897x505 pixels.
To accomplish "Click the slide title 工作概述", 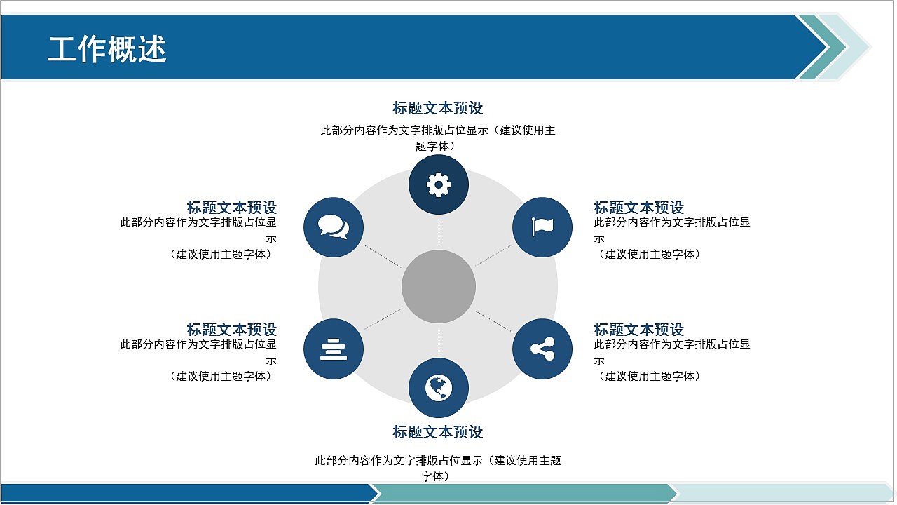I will (x=107, y=50).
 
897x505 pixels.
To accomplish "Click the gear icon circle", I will (x=439, y=185).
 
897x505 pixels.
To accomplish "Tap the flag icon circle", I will (x=542, y=227).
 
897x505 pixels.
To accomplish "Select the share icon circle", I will (x=542, y=349).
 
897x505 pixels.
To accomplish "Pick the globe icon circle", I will (x=439, y=388).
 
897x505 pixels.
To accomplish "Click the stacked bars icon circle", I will (x=334, y=349).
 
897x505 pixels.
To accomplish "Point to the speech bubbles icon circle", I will (x=334, y=227).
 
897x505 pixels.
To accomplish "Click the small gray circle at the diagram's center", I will (x=439, y=287).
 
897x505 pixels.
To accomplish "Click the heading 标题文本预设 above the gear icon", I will (x=438, y=108).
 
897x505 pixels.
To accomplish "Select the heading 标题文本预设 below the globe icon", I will (x=438, y=432).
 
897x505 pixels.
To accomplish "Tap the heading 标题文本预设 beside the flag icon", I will (x=639, y=208).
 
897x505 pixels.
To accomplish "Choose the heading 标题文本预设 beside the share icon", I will (x=639, y=330).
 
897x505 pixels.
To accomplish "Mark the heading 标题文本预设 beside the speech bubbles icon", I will (x=232, y=208).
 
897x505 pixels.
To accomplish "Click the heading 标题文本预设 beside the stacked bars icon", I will (x=232, y=330).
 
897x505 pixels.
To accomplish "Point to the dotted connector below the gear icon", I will (x=439, y=231).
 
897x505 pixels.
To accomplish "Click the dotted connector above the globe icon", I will (x=439, y=342).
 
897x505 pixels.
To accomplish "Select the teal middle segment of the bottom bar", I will (x=522, y=494).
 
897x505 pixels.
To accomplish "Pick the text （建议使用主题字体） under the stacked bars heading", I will (x=221, y=377).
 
